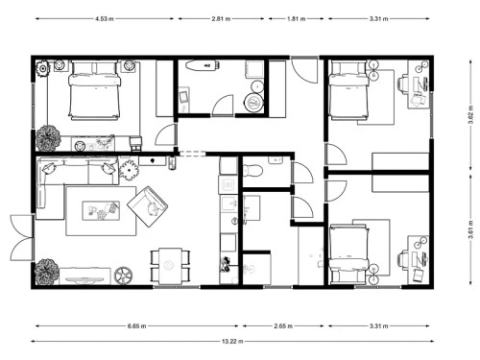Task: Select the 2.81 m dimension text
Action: [223, 18]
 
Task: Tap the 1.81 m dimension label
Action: [294, 18]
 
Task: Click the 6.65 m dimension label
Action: [137, 325]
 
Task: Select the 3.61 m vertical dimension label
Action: [469, 230]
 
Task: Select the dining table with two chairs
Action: [170, 266]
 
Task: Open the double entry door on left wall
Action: [19, 236]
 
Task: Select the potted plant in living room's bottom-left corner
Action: [46, 272]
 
